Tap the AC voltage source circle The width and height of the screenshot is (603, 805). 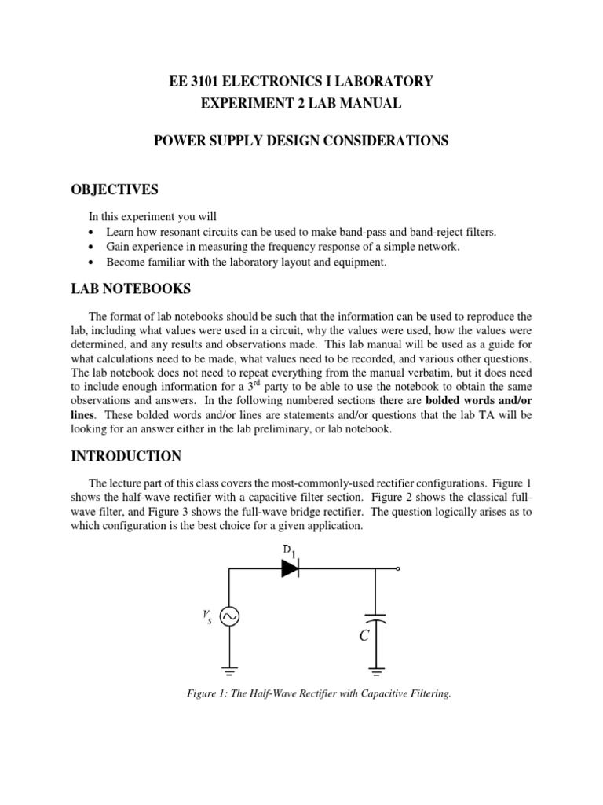pyautogui.click(x=229, y=618)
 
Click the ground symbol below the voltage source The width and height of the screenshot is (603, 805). pyautogui.click(x=229, y=671)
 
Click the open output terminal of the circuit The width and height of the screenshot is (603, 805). pyautogui.click(x=398, y=569)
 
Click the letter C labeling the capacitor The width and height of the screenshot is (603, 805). pyautogui.click(x=364, y=636)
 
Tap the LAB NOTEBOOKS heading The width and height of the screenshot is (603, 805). pyautogui.click(x=130, y=289)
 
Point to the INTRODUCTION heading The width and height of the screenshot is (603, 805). pyautogui.click(x=126, y=456)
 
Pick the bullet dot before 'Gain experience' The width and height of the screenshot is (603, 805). pyautogui.click(x=93, y=248)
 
